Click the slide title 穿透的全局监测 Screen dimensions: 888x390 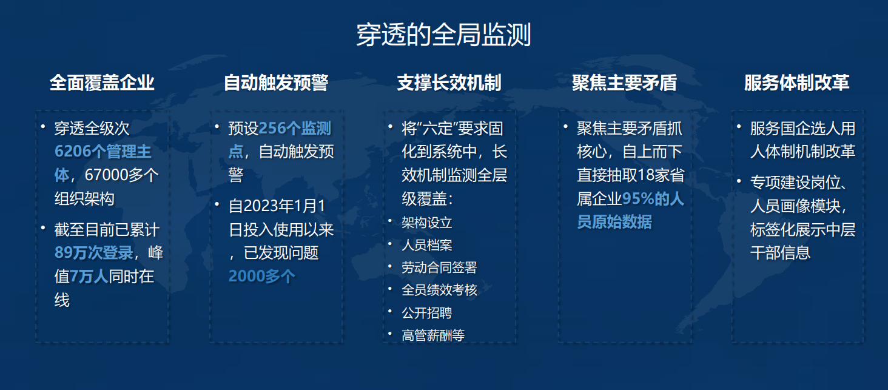click(x=443, y=35)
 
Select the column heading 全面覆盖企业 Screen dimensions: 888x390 click(x=102, y=82)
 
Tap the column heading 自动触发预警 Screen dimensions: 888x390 click(x=276, y=82)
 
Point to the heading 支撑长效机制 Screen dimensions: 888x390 click(x=449, y=82)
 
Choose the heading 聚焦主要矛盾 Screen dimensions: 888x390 click(x=624, y=82)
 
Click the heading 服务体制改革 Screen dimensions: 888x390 click(x=797, y=82)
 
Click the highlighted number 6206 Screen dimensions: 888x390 click(x=72, y=152)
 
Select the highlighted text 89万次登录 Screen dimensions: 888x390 click(x=93, y=253)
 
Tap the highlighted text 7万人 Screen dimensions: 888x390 click(x=89, y=276)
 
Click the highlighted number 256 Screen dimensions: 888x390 click(x=272, y=129)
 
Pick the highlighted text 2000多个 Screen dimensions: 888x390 click(x=261, y=276)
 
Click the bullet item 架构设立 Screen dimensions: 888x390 click(x=426, y=223)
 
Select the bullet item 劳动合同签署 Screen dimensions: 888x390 click(x=439, y=267)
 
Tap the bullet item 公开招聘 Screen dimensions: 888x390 click(x=426, y=313)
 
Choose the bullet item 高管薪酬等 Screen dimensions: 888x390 click(x=433, y=335)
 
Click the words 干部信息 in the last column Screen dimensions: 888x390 click(x=780, y=253)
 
